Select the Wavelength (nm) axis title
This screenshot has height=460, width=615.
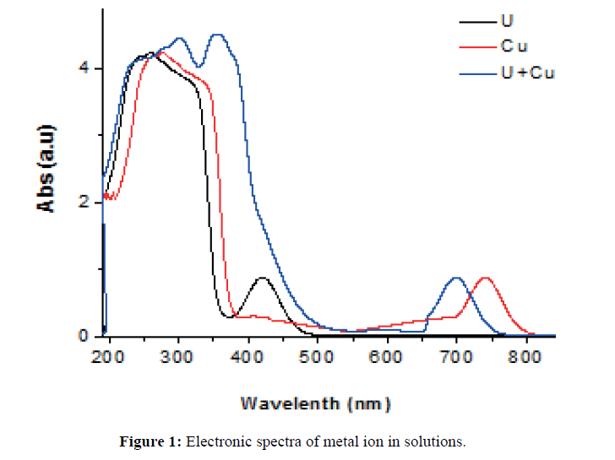[x=315, y=403]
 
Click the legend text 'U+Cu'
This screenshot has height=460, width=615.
[x=527, y=73]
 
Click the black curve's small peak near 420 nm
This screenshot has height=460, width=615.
[x=263, y=278]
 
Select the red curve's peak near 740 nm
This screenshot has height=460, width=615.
[x=485, y=278]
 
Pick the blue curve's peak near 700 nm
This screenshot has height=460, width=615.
[x=456, y=278]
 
